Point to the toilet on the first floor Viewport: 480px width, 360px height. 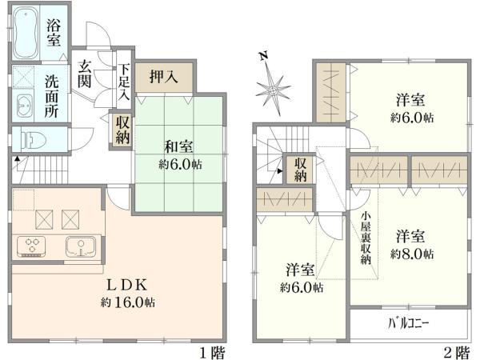tap(30, 139)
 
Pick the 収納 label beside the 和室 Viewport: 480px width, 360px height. tap(122, 129)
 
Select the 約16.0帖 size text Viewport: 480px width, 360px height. tap(128, 302)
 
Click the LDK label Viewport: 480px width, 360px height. tap(128, 284)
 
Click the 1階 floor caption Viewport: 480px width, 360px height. tap(210, 351)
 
